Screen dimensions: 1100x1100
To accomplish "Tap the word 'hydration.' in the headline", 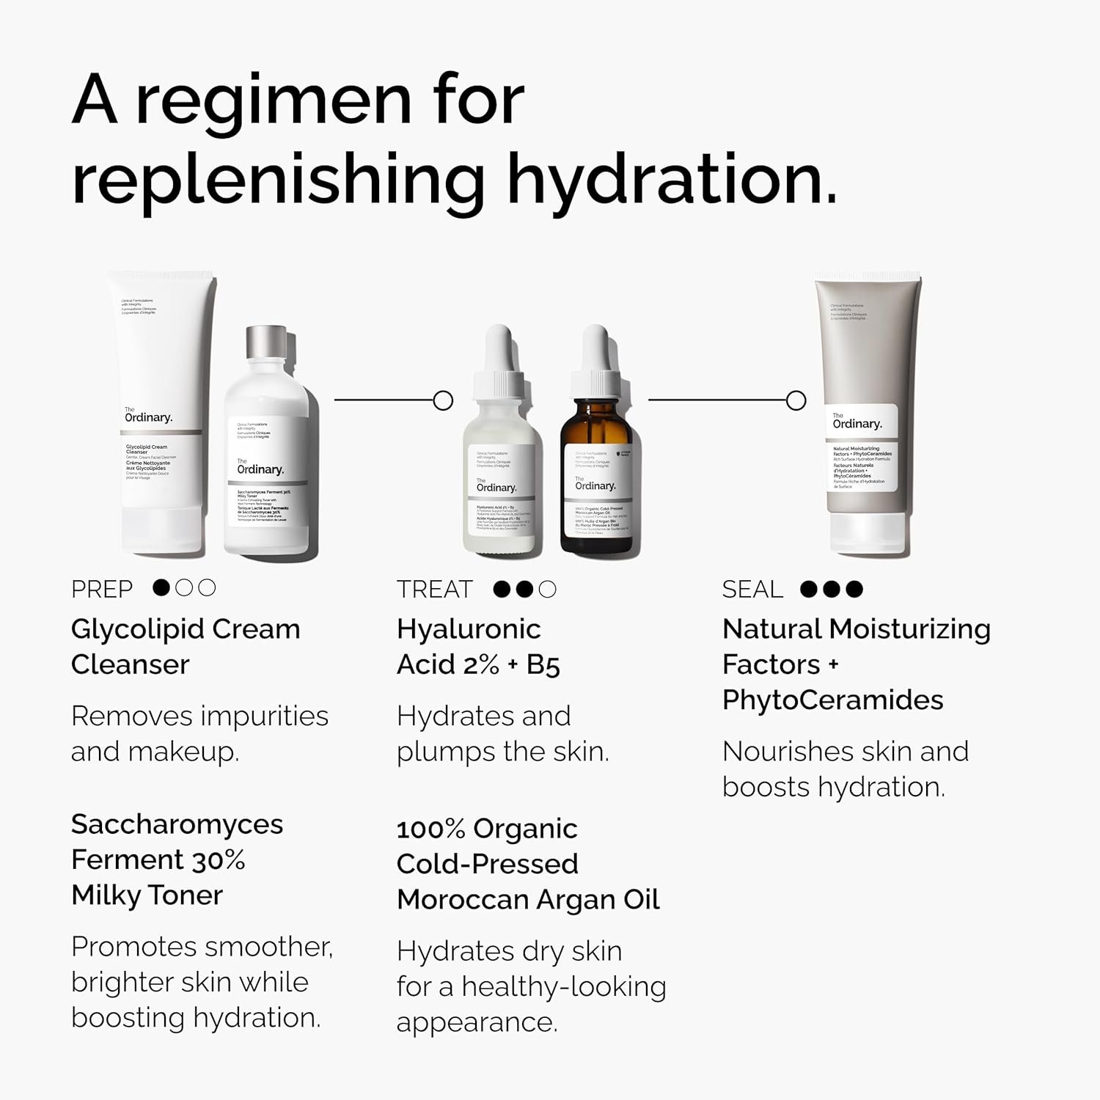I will (x=672, y=180).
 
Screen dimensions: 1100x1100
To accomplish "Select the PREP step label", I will (x=102, y=590).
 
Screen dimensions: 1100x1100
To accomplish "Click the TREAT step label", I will (x=435, y=590).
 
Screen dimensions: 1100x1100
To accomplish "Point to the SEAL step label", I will (x=752, y=590).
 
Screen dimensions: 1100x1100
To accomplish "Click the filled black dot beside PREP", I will (x=162, y=587).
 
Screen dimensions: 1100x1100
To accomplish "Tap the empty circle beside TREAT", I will (x=548, y=589).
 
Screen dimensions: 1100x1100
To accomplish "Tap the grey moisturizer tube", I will (x=867, y=411).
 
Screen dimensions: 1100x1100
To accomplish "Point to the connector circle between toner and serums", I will (x=443, y=400).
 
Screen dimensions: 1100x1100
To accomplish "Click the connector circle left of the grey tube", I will (x=796, y=400).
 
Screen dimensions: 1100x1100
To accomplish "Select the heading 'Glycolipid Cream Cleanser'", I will (x=185, y=647).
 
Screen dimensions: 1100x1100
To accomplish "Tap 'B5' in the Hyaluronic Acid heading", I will (x=543, y=665).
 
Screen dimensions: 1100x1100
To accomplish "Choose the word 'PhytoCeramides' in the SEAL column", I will (x=832, y=700).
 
